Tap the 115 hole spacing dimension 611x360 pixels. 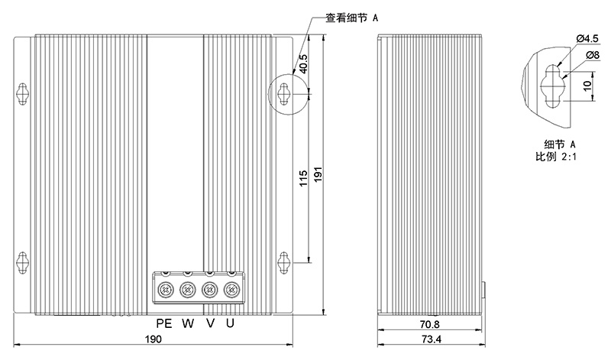303,179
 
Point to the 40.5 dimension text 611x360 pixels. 303,63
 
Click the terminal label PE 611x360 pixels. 165,323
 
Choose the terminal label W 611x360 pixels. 188,323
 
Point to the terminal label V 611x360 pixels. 210,323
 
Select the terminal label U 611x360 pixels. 230,323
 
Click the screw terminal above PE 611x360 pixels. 164,290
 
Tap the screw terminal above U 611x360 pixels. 230,290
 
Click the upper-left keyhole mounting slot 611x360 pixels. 22,93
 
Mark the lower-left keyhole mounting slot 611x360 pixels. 22,261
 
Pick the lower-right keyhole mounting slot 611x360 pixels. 284,261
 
